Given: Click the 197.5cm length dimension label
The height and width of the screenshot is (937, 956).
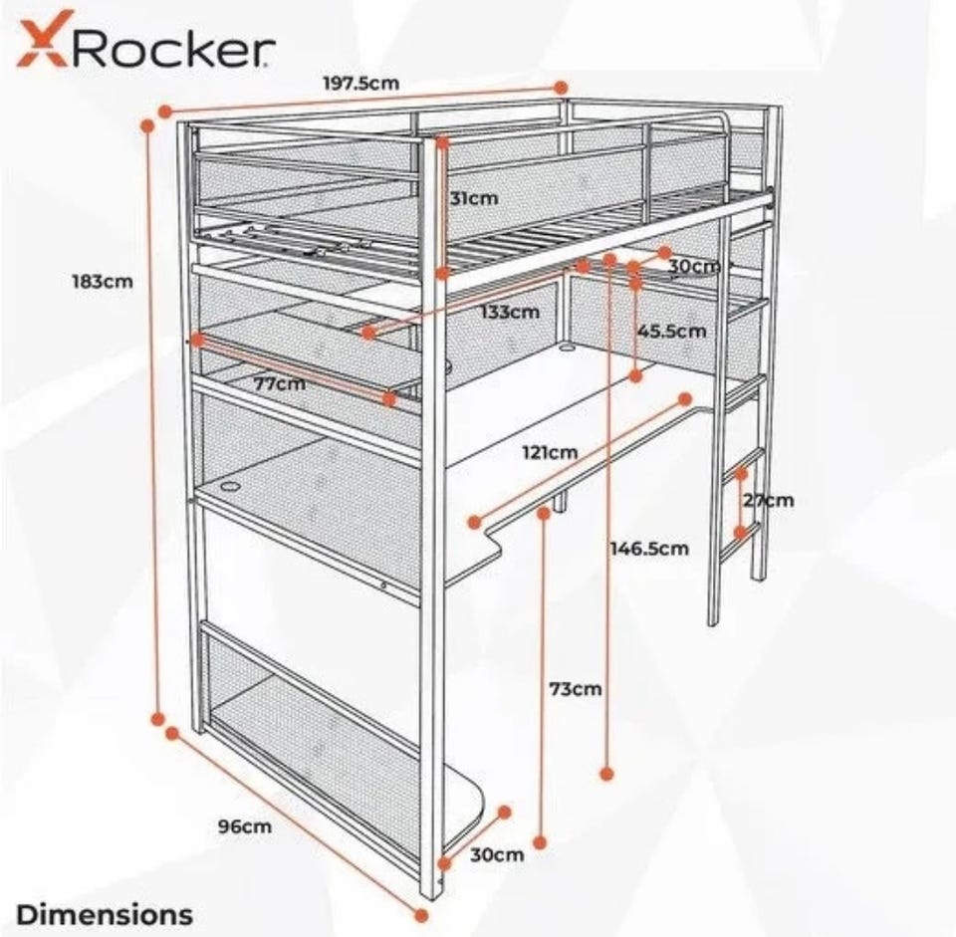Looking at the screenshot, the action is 360,83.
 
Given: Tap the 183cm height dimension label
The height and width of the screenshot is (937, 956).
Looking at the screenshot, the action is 103,282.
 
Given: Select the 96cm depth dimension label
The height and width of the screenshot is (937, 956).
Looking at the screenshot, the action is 245,827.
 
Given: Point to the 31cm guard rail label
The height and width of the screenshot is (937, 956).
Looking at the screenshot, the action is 474,198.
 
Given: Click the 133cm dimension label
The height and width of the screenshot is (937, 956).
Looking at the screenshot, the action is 510,312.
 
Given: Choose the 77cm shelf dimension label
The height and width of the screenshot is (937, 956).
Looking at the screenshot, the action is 279,384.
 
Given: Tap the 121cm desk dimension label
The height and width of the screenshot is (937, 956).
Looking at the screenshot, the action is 550,452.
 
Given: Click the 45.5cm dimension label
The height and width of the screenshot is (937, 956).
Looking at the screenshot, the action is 672,331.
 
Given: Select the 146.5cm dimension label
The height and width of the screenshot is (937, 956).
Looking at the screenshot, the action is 649,548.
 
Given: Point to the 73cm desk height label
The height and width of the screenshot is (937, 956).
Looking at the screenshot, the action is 576,689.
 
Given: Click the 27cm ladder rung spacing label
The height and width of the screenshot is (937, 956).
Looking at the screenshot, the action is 768,501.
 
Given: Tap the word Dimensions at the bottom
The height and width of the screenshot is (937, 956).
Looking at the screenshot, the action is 105,915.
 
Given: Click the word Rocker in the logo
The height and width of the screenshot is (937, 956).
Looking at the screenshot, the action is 173,48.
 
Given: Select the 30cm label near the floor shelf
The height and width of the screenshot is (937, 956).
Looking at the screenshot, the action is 497,854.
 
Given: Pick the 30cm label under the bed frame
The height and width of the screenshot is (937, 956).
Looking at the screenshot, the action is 694,267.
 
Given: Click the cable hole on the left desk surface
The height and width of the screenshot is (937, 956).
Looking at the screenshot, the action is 232,487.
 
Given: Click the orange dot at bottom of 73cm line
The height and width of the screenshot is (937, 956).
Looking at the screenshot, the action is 540,842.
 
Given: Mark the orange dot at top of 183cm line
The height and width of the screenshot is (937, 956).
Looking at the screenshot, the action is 147,125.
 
